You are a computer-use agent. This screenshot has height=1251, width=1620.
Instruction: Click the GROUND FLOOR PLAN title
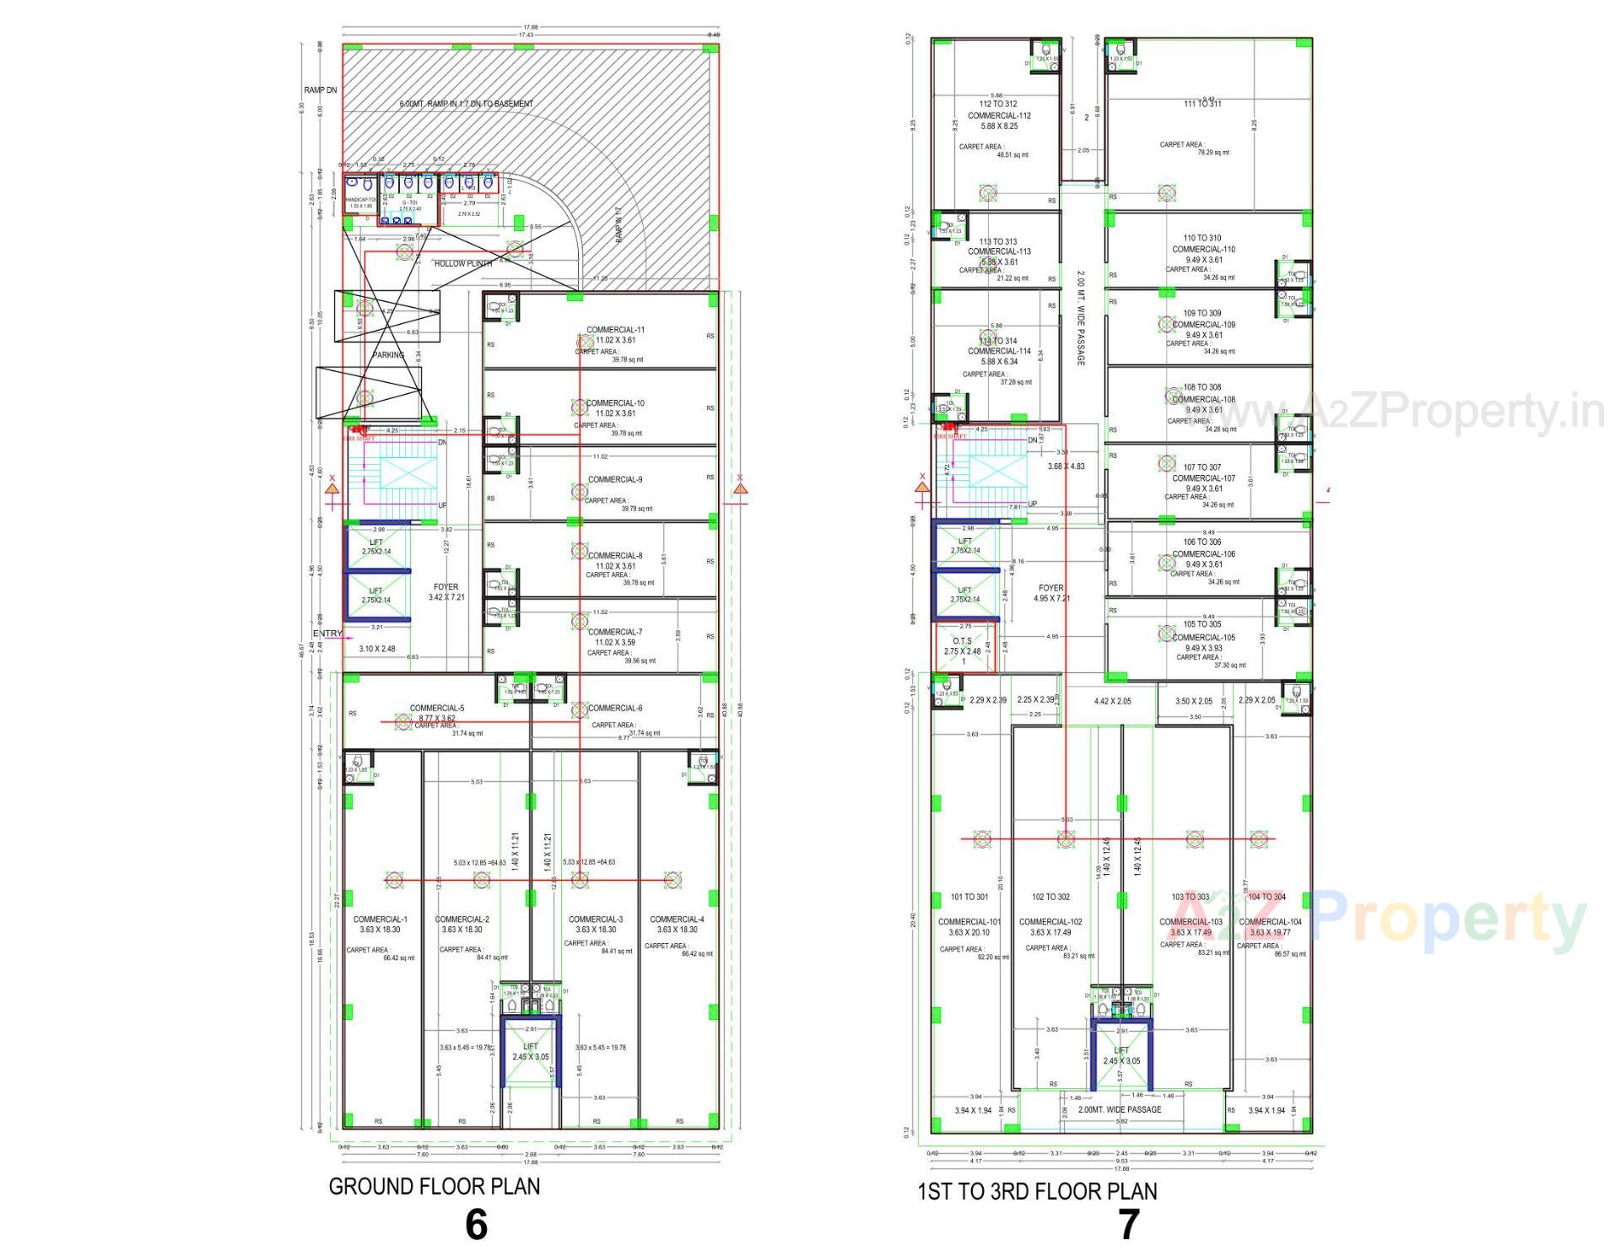[x=434, y=1186]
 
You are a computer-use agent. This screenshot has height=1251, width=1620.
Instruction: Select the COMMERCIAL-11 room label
[x=616, y=330]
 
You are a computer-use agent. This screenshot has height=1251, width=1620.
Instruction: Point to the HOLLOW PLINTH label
[x=463, y=264]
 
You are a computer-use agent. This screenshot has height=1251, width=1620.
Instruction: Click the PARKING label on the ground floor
[x=389, y=355]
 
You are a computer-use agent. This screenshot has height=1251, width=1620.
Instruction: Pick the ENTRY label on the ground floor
[x=327, y=634]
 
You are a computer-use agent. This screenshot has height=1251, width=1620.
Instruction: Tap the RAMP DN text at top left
[x=321, y=90]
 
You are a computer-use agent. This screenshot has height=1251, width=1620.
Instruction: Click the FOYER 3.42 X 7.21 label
[x=446, y=592]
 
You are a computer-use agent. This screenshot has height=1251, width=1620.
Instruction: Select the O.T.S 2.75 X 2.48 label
[x=963, y=646]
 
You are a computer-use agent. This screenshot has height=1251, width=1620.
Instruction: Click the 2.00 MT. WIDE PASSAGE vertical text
[x=1081, y=318]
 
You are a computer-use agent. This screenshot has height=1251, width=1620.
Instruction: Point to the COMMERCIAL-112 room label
[x=999, y=116]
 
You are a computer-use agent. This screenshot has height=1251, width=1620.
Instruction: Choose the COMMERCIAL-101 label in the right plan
[x=969, y=922]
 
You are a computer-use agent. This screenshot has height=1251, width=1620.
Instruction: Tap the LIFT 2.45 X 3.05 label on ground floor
[x=530, y=1052]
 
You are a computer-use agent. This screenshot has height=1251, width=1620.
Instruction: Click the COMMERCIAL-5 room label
[x=437, y=709]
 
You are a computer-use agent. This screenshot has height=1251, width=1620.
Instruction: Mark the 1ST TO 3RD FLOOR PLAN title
[x=1037, y=1192]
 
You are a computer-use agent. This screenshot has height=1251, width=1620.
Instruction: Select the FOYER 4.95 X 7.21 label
[x=1051, y=593]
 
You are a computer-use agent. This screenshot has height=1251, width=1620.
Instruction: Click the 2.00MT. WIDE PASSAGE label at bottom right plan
[x=1119, y=1110]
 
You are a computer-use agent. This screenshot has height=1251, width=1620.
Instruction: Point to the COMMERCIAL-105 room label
[x=1203, y=638]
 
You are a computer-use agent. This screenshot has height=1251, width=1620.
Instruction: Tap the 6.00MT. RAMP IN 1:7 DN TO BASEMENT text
[x=466, y=104]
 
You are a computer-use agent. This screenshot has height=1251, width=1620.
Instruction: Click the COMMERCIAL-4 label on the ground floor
[x=677, y=919]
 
